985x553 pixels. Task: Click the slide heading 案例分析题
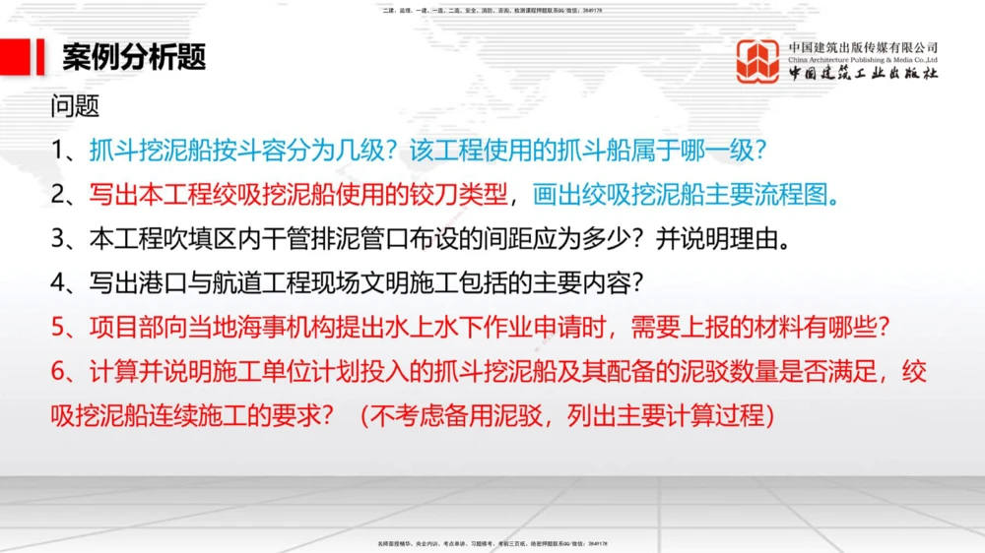click(134, 57)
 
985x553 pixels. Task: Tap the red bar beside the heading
click(40, 57)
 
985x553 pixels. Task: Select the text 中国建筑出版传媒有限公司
click(863, 47)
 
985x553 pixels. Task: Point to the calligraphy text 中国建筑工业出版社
click(863, 75)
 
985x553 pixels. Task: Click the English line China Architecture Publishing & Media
click(863, 60)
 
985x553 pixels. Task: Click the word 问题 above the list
click(75, 106)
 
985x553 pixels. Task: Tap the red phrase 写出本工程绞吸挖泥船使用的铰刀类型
click(299, 194)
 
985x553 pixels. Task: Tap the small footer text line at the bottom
click(492, 542)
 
